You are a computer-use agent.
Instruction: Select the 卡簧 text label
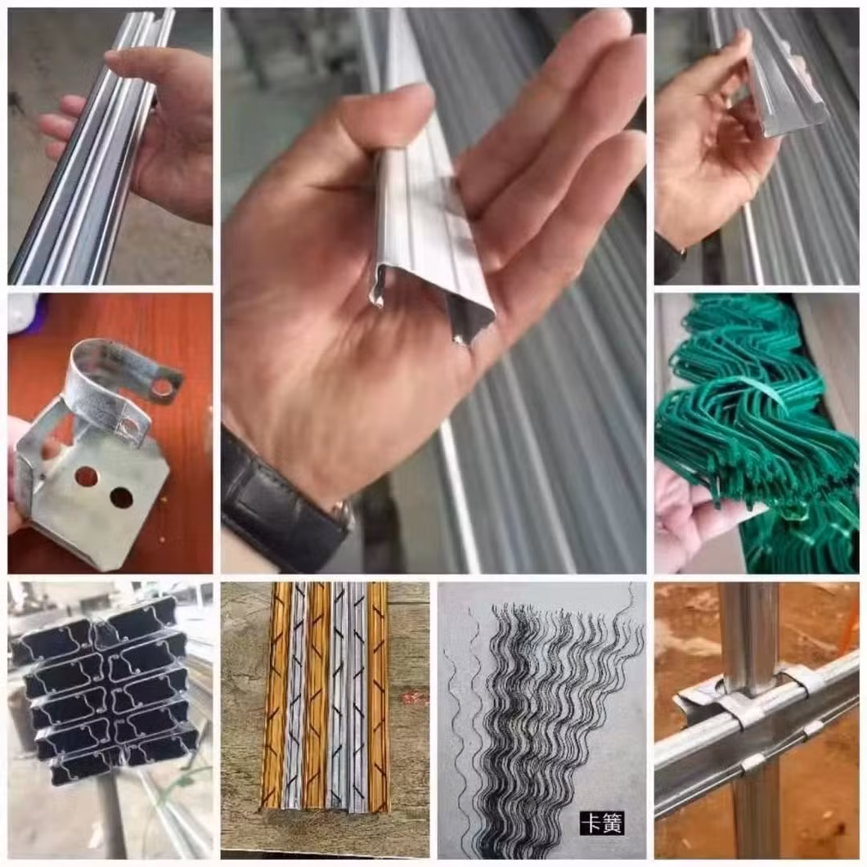(602, 823)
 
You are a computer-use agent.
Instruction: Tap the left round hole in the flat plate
(87, 476)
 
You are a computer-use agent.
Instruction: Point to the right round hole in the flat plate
(122, 497)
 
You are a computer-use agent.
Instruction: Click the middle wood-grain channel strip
(318, 697)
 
